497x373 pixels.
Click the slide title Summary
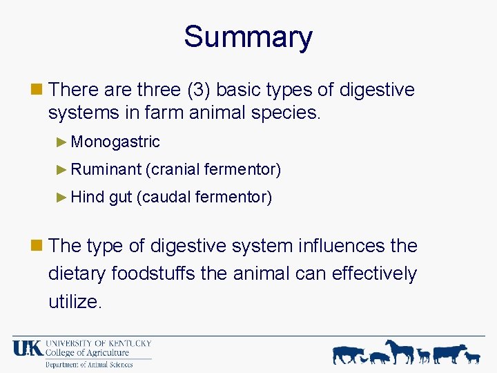[248, 37]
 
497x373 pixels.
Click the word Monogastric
[115, 142]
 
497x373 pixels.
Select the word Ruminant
[106, 169]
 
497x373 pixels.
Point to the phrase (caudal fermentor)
[204, 198]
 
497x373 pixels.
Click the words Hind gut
[101, 198]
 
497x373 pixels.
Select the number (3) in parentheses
[196, 90]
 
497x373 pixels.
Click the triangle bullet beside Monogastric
[62, 142]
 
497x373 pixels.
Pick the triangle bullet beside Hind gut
[62, 198]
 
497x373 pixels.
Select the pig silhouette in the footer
[380, 357]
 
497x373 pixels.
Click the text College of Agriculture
[88, 353]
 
